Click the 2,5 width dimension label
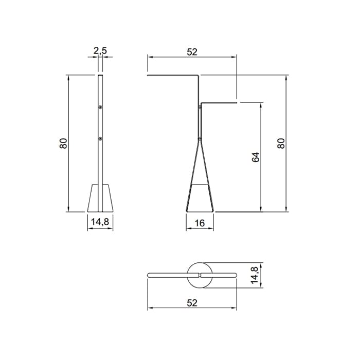[100, 51]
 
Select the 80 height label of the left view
[63, 143]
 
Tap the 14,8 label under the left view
[100, 222]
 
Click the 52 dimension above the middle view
[192, 52]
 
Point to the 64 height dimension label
[256, 157]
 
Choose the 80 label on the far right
[281, 143]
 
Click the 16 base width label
[200, 223]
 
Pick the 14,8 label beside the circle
[255, 275]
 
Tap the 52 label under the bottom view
[192, 303]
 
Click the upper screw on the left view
[100, 107]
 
